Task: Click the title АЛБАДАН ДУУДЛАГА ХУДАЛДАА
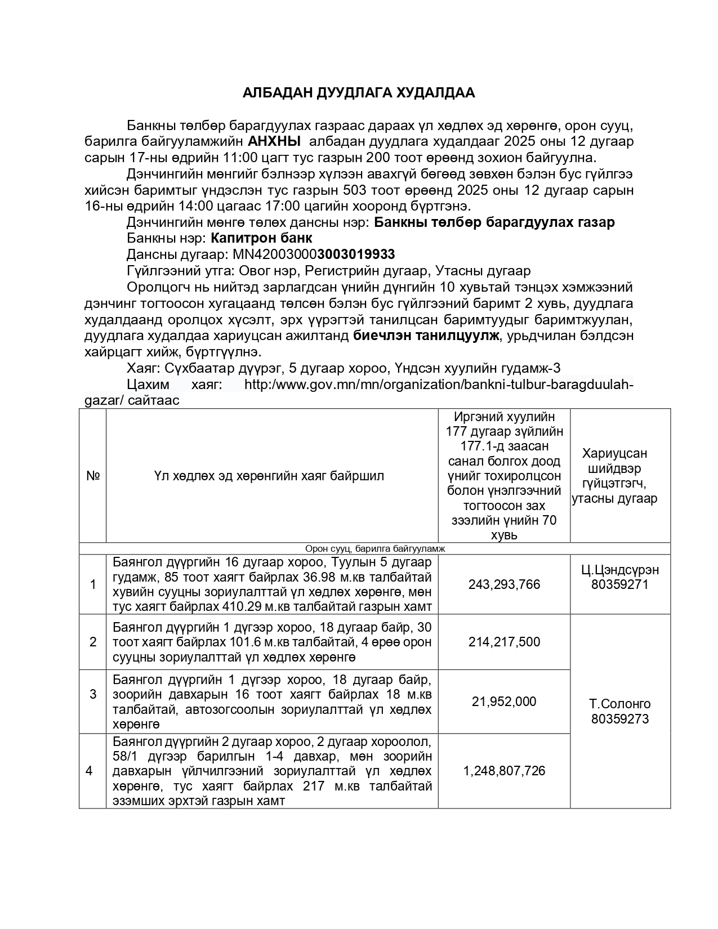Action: point(359,93)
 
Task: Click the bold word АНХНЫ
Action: point(274,141)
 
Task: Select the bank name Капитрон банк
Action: point(261,238)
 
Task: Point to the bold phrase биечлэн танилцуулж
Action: point(426,336)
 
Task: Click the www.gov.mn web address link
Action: point(439,385)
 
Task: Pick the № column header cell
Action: point(93,476)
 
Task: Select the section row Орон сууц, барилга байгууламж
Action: point(374,549)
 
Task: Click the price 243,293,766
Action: point(504,584)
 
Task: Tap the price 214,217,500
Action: point(504,642)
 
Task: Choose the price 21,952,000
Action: point(504,702)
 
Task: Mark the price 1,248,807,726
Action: point(504,771)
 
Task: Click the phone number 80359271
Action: point(619,585)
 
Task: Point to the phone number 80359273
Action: point(619,719)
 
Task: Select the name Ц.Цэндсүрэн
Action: point(620,570)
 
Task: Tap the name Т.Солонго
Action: point(619,704)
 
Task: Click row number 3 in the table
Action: point(93,694)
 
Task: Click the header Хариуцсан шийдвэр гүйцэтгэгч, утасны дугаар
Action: point(620,476)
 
